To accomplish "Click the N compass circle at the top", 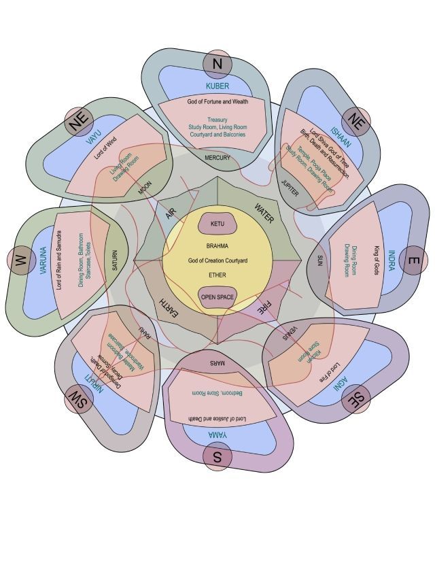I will [217, 64].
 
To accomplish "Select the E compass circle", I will [414, 260].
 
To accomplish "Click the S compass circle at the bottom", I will [217, 457].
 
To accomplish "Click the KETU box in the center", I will [217, 224].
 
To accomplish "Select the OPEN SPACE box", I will [217, 297].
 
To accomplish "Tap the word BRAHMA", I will [217, 245].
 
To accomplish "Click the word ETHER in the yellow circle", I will [217, 275].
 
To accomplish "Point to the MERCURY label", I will [217, 158].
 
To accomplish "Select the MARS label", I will [217, 364].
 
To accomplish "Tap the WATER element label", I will [263, 214].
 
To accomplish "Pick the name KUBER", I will [217, 86].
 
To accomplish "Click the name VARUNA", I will [43, 260].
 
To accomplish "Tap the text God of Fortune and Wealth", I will [217, 101].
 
